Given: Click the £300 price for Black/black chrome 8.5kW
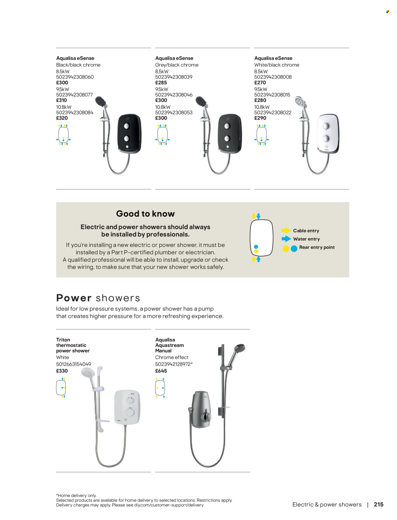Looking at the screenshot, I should tap(62, 83).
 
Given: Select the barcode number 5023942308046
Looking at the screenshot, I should tap(174, 95).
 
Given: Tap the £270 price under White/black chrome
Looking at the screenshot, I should tap(260, 83).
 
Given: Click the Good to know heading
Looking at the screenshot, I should tap(145, 214).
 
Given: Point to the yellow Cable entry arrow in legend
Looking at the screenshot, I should tap(286, 230).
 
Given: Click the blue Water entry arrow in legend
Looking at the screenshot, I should tap(286, 239).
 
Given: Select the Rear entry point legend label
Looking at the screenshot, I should tap(317, 247).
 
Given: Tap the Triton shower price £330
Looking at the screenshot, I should tap(62, 371).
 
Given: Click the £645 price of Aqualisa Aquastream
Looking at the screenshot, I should tap(161, 371).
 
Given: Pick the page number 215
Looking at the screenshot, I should tap(379, 504).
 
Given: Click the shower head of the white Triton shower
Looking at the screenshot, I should tap(88, 373).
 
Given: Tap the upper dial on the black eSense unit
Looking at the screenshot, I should tap(127, 126).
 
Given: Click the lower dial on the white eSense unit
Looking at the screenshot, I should tap(326, 138).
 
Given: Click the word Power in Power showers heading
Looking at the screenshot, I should tap(74, 298).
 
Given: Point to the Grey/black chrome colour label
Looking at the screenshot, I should tap(177, 65).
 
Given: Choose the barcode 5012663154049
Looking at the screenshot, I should tap(74, 364).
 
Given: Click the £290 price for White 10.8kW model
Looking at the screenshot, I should tap(260, 118).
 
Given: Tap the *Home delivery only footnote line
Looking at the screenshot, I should tap(76, 495).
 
